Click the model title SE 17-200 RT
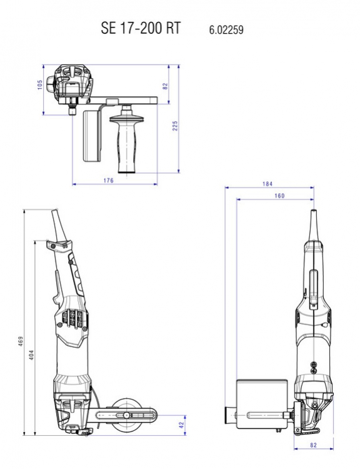click(x=141, y=28)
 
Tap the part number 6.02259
click(x=226, y=30)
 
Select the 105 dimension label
click(x=40, y=84)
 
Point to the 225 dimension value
click(x=175, y=126)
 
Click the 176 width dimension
click(x=108, y=180)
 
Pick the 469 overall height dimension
click(x=21, y=341)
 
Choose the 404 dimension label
click(x=32, y=355)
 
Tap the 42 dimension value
click(x=181, y=425)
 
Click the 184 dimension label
click(x=267, y=184)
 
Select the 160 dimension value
click(x=279, y=196)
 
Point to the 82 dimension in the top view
click(x=165, y=86)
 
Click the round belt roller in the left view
click(x=124, y=415)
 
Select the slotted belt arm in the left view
click(x=127, y=415)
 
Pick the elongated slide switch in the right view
click(x=313, y=288)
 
